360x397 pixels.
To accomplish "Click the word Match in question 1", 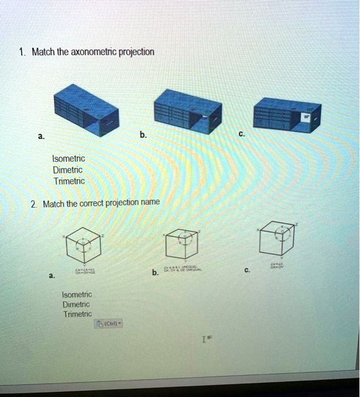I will tap(43, 52).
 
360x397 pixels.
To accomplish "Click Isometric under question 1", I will tap(68, 159).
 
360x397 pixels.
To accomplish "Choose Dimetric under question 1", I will tap(67, 170).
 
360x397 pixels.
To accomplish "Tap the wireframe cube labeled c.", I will tap(279, 237).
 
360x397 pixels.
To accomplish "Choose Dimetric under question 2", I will tap(76, 304).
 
